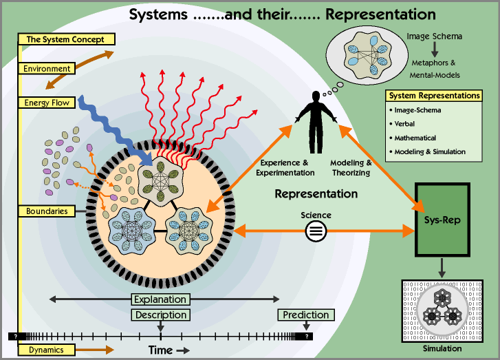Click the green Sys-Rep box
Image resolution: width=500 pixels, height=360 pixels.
(442, 218)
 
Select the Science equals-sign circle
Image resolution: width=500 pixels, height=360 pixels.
(316, 231)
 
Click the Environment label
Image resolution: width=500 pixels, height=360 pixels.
(47, 69)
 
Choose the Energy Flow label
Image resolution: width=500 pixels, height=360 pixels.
(47, 103)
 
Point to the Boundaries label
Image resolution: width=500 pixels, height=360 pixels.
(47, 211)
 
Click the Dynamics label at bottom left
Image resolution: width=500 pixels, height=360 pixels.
(46, 350)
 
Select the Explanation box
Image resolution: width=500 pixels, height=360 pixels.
(160, 299)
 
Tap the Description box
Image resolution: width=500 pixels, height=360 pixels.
(160, 315)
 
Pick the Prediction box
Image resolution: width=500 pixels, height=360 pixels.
(306, 315)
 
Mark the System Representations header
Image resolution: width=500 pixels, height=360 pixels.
(433, 96)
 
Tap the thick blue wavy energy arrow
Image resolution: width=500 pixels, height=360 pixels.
(110, 127)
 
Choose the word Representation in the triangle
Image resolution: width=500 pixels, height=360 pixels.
(316, 194)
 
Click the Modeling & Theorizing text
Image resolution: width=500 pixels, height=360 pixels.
(351, 167)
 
